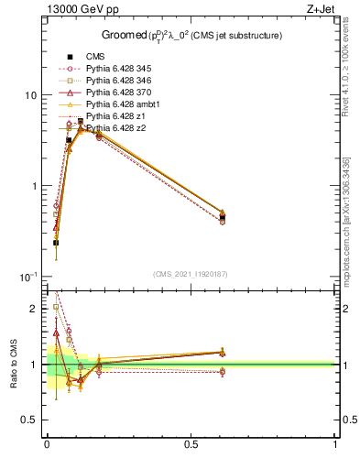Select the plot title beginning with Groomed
191,36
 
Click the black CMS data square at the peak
81,122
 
